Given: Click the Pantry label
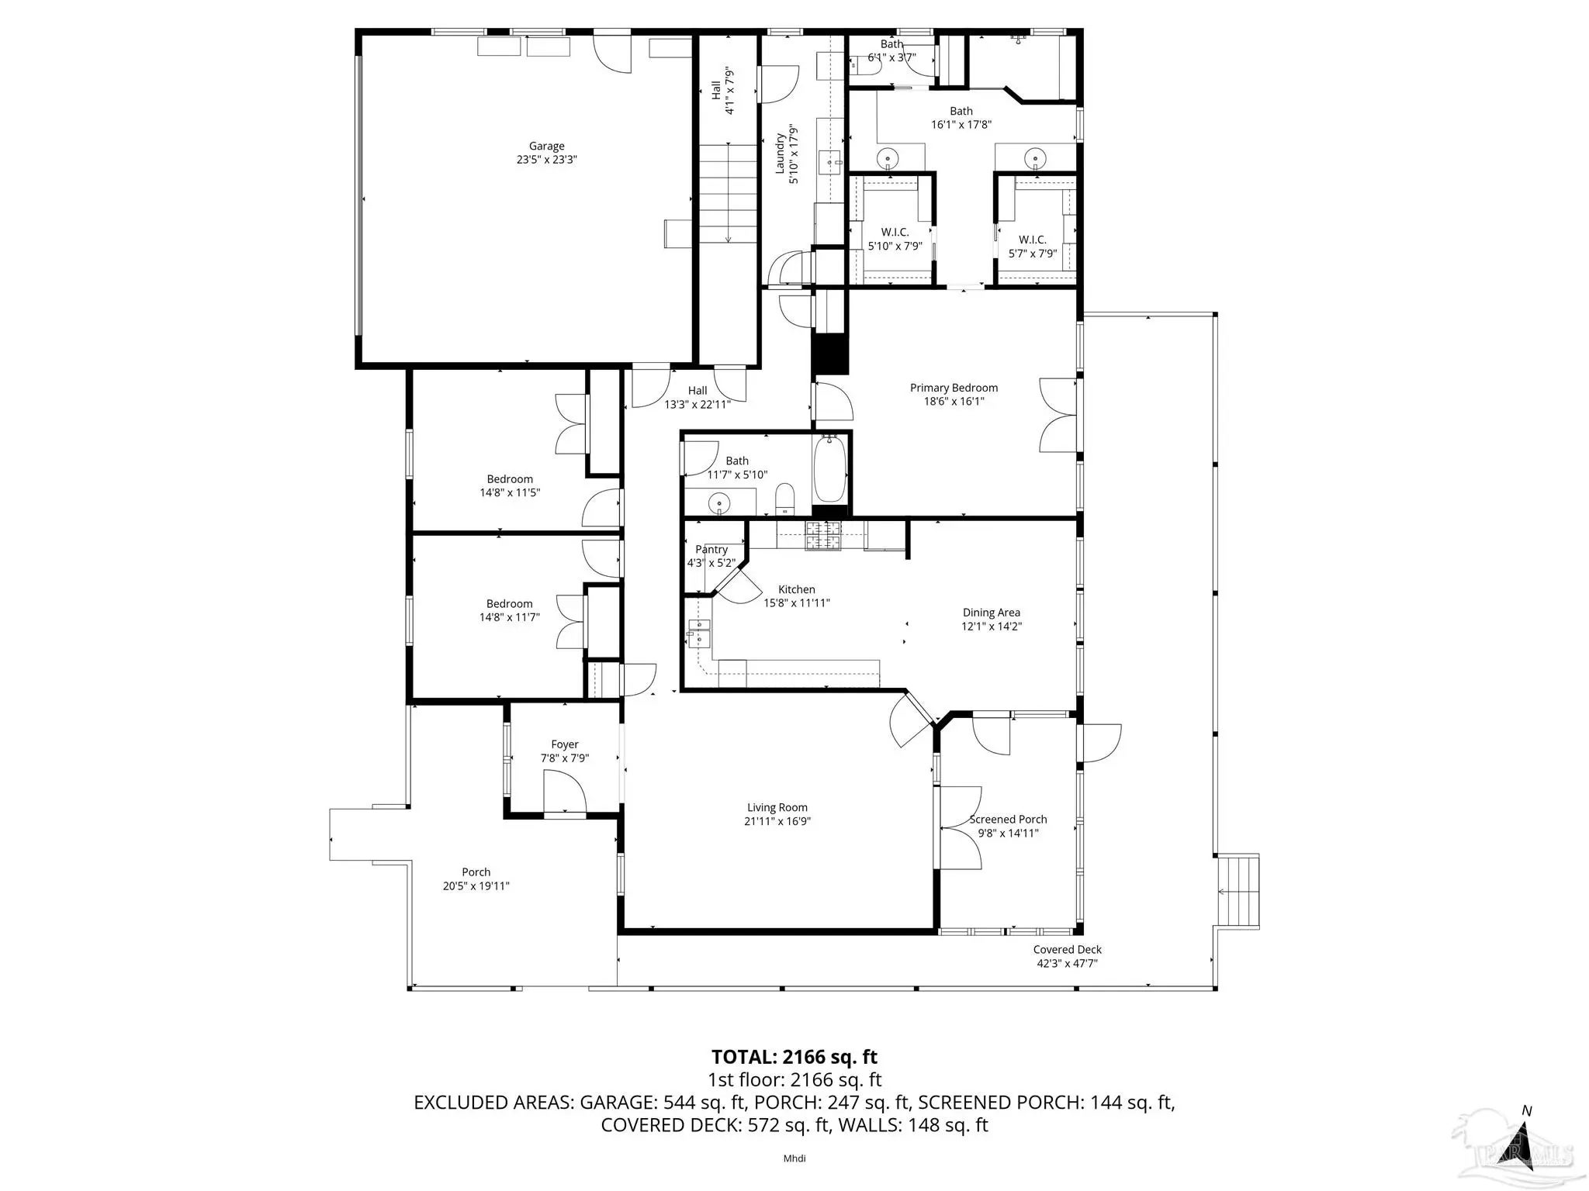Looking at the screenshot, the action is (x=711, y=550).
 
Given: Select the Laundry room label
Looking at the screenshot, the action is (x=780, y=154).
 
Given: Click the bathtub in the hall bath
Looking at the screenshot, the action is (x=829, y=470).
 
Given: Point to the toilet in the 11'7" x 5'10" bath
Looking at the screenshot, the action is (x=786, y=499).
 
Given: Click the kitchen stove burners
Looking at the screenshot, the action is (x=822, y=535).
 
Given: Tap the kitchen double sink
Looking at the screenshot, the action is (x=699, y=633).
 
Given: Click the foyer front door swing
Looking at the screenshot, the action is (x=564, y=796).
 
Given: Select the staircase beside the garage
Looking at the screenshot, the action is (x=729, y=194).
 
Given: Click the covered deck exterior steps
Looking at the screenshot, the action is (x=1238, y=891).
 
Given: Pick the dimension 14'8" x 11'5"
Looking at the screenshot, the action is (x=510, y=492).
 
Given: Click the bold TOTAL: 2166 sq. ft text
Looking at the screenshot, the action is (x=794, y=1057).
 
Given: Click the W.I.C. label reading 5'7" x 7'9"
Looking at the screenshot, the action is (x=1033, y=247).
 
